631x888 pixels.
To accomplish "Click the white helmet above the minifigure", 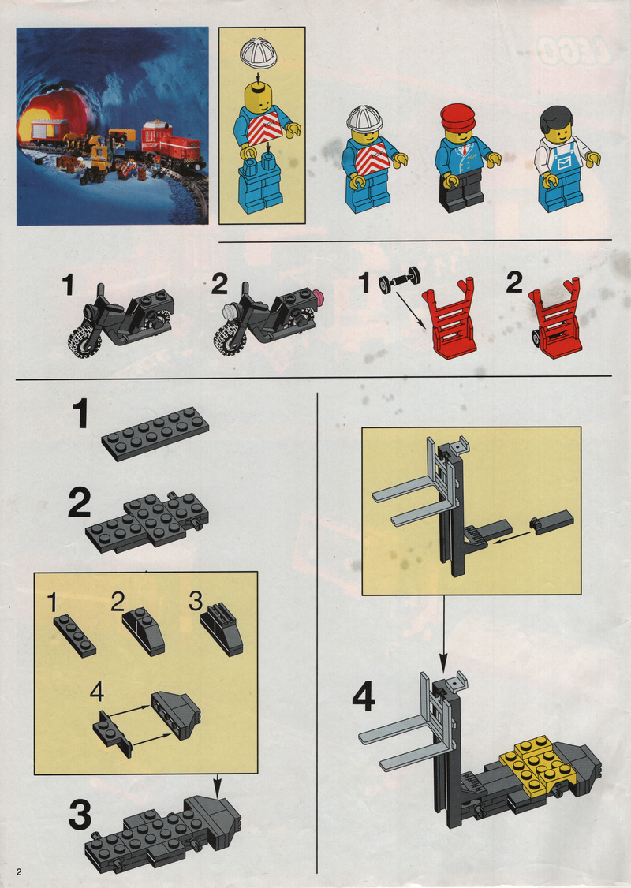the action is [258, 54].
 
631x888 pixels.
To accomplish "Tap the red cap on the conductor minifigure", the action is [458, 116].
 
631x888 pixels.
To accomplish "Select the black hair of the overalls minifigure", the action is [555, 118].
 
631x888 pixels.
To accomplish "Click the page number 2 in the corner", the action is [19, 871].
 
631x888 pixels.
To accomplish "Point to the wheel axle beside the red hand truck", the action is [400, 278].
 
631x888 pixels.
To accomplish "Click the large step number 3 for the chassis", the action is [80, 815].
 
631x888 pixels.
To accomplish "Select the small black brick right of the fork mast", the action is [551, 521].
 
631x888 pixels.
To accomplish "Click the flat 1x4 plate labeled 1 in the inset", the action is [75, 636].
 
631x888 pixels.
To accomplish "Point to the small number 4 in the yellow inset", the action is [97, 692].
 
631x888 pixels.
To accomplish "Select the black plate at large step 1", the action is [155, 434].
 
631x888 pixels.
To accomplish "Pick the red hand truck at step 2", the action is [554, 317].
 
